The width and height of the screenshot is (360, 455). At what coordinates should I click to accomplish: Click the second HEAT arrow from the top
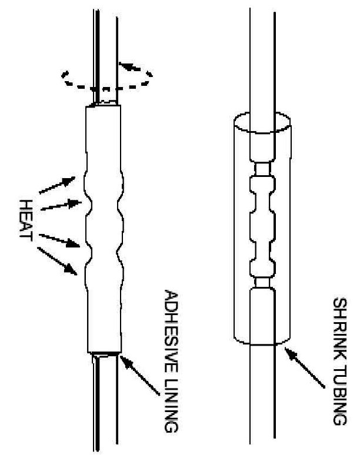click(61, 204)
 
